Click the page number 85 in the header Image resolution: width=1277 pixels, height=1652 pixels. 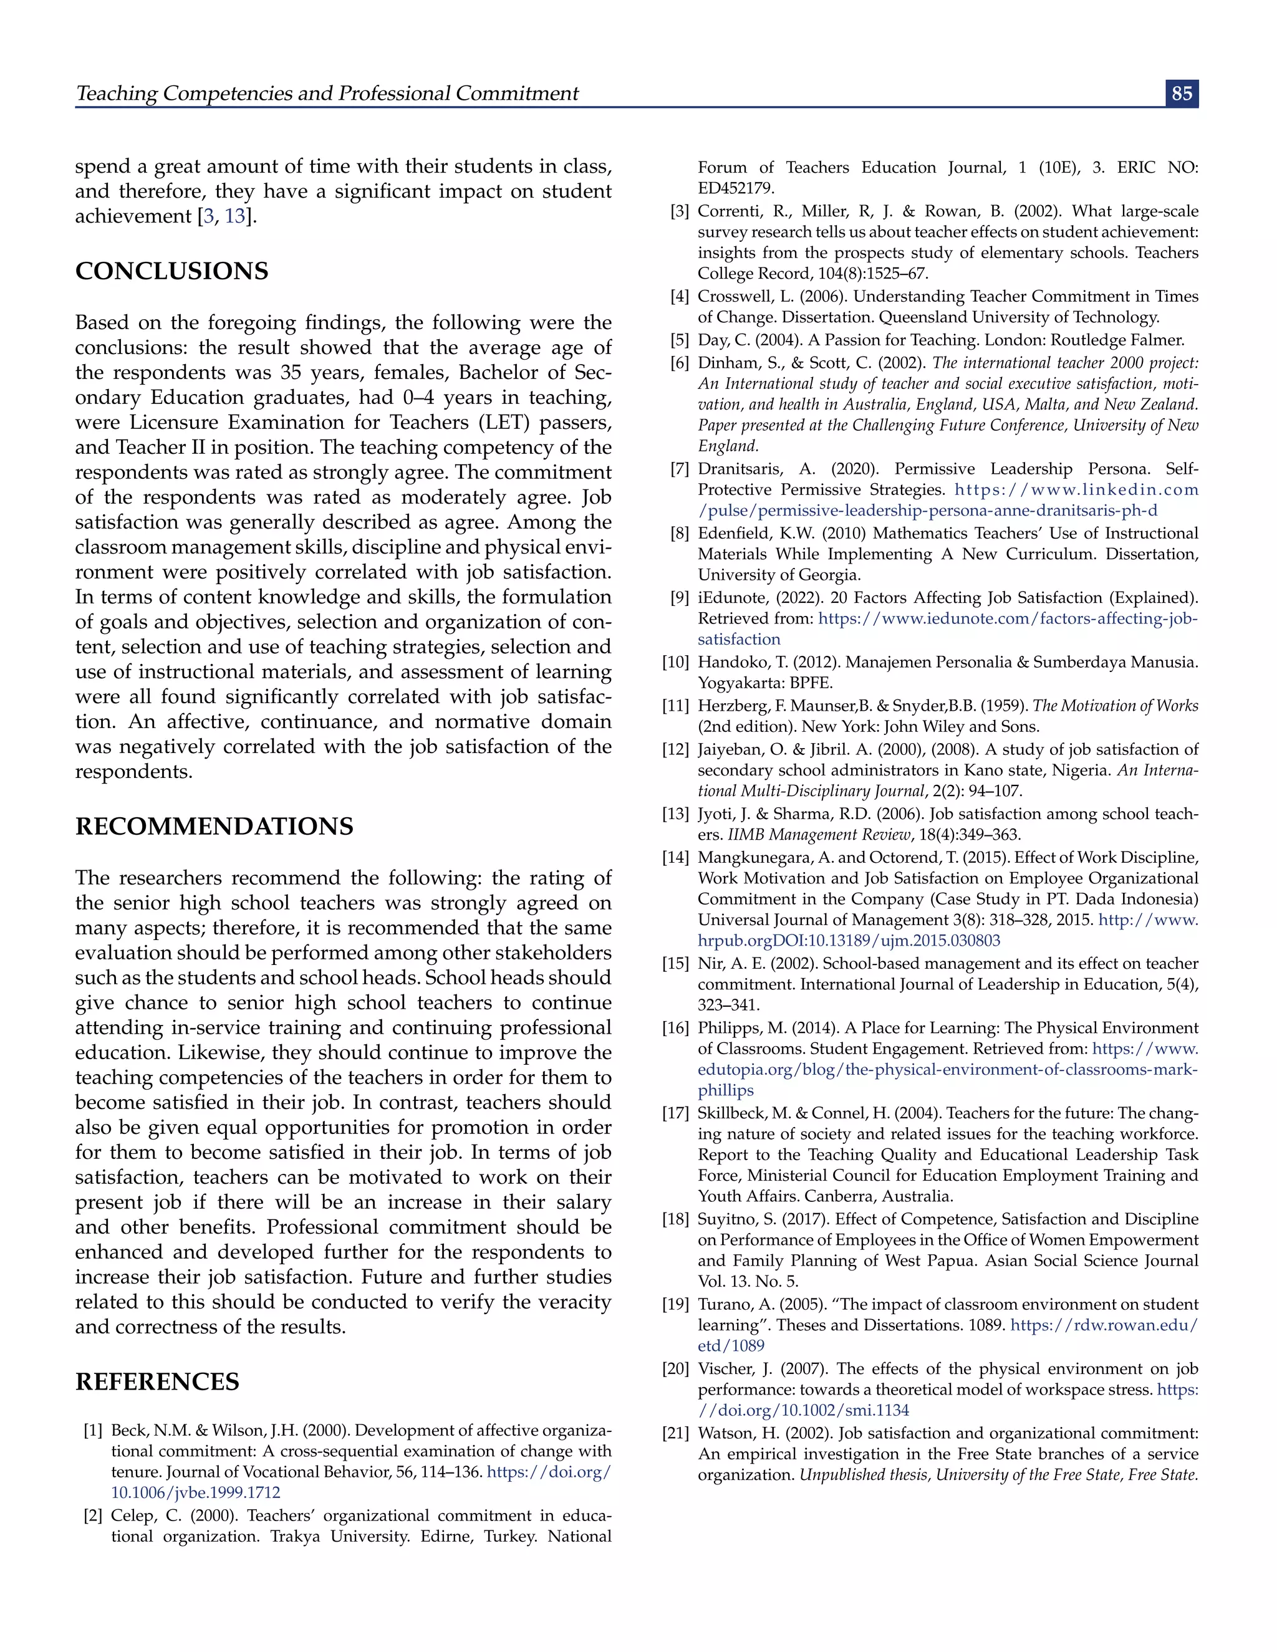[x=1181, y=94]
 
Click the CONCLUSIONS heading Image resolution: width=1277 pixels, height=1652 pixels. [x=171, y=272]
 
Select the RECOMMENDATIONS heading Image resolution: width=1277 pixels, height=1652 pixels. [x=214, y=826]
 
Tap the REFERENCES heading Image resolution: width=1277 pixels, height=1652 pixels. [x=157, y=1381]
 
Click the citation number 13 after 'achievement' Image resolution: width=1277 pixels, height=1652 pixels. [x=234, y=216]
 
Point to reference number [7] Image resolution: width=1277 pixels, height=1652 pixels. [x=678, y=469]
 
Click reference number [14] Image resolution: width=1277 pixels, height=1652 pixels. [x=675, y=858]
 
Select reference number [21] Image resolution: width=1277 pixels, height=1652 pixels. [x=675, y=1433]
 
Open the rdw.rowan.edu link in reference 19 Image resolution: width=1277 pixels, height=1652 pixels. [x=1104, y=1325]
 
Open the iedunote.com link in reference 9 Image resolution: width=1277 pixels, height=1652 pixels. [x=1008, y=619]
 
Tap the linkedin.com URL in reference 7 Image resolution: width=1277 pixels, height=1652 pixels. [x=1076, y=490]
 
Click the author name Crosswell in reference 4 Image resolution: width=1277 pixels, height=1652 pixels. [x=731, y=297]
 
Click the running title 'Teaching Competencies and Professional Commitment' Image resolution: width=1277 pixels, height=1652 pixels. [x=327, y=94]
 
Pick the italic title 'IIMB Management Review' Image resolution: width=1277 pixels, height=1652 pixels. [x=819, y=835]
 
